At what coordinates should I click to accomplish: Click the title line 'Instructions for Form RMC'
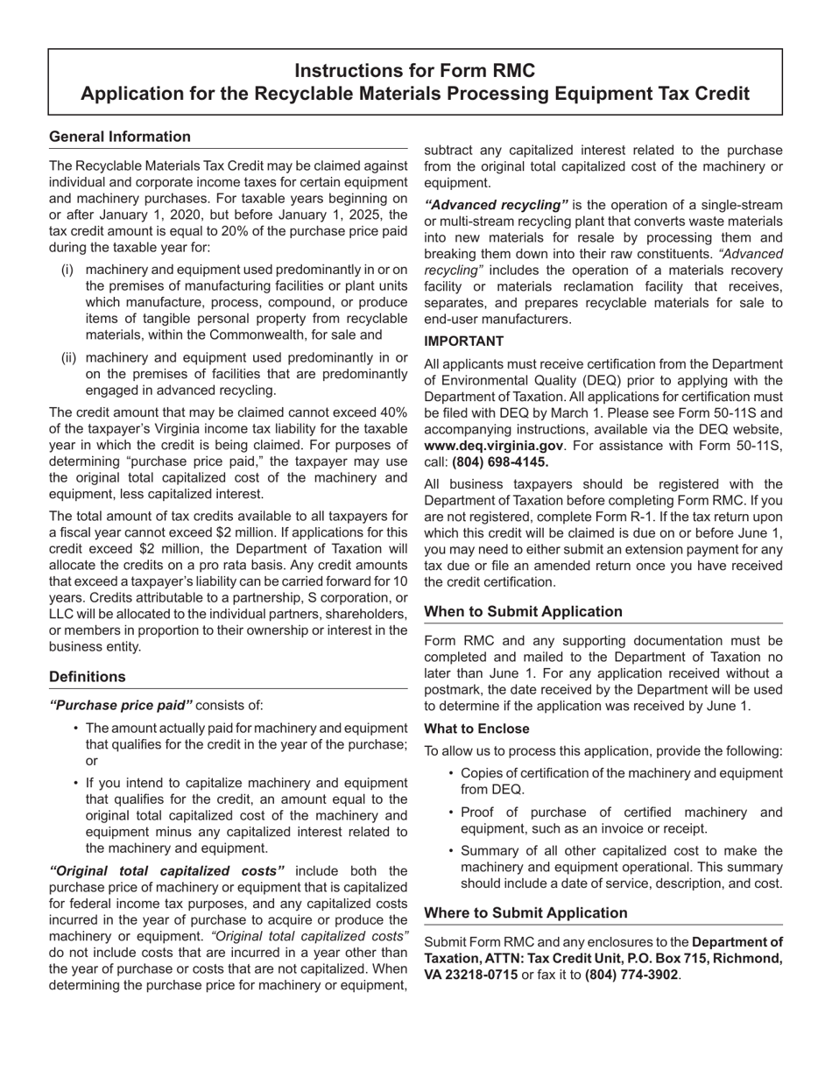pyautogui.click(x=414, y=71)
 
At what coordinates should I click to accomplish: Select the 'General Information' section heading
pyautogui.click(x=120, y=137)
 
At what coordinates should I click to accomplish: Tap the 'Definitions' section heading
pyautogui.click(x=88, y=677)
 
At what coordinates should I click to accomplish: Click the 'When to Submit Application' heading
pyautogui.click(x=523, y=611)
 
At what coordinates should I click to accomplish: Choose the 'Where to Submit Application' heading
pyautogui.click(x=525, y=912)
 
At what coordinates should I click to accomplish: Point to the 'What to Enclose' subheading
pyautogui.click(x=476, y=729)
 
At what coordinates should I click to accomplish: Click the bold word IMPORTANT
pyautogui.click(x=463, y=341)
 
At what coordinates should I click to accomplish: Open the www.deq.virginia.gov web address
pyautogui.click(x=493, y=446)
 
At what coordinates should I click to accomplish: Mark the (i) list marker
pyautogui.click(x=67, y=270)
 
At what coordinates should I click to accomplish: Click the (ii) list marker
pyautogui.click(x=68, y=358)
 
